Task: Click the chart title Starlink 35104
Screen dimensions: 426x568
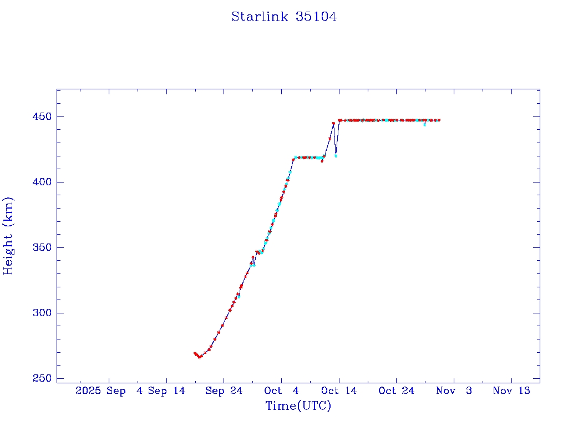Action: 284,17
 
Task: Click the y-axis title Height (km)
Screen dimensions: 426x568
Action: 9,236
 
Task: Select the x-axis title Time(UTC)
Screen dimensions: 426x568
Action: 298,406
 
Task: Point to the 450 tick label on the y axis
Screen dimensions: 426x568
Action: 43,117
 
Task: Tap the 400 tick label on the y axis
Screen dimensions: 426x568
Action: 43,182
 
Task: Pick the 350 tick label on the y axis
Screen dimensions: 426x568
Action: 43,248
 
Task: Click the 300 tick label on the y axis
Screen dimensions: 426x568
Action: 43,313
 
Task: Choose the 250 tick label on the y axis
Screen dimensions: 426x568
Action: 43,379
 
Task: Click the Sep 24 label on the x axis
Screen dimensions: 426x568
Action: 224,391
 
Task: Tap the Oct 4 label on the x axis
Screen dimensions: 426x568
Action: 281,391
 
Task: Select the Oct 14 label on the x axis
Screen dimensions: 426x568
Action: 339,391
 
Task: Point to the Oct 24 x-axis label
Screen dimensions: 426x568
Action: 396,391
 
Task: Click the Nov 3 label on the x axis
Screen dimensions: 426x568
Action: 454,391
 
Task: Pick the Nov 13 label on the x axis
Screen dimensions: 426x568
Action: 511,391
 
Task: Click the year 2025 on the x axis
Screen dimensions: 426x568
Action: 88,391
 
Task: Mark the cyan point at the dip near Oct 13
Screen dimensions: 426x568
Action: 336,156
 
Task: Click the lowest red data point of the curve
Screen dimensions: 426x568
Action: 200,357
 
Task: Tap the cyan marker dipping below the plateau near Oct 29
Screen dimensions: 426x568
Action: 424,125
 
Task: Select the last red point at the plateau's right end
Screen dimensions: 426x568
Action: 439,120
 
